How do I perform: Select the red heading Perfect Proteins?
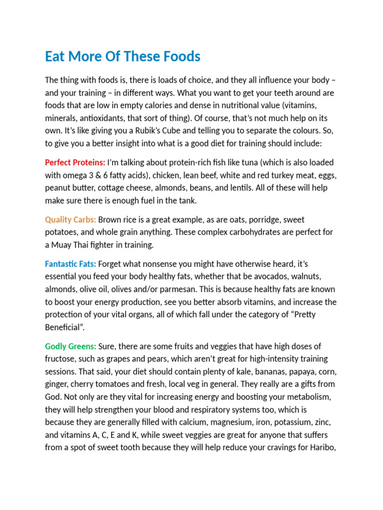pos(75,162)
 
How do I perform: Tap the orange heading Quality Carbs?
pos(70,220)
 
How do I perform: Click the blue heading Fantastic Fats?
pos(70,264)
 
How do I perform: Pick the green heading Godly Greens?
pos(70,346)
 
